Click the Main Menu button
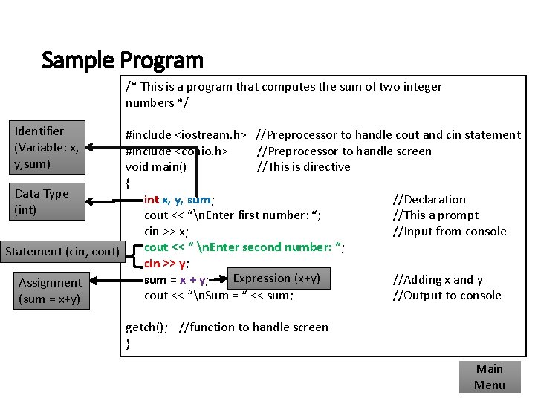tap(489, 376)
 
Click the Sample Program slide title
tap(123, 59)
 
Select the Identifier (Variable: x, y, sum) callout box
tap(48, 146)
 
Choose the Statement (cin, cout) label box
tap(62, 251)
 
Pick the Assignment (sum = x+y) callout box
tap(51, 290)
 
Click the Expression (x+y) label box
tap(276, 278)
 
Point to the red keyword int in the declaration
tap(151, 199)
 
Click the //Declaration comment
tap(429, 199)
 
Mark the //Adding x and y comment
tap(438, 279)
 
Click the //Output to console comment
tap(447, 296)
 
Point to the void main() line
tap(156, 166)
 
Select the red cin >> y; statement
tap(166, 264)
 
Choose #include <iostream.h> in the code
tap(186, 134)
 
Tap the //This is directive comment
tap(303, 166)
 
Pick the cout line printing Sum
tap(218, 296)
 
